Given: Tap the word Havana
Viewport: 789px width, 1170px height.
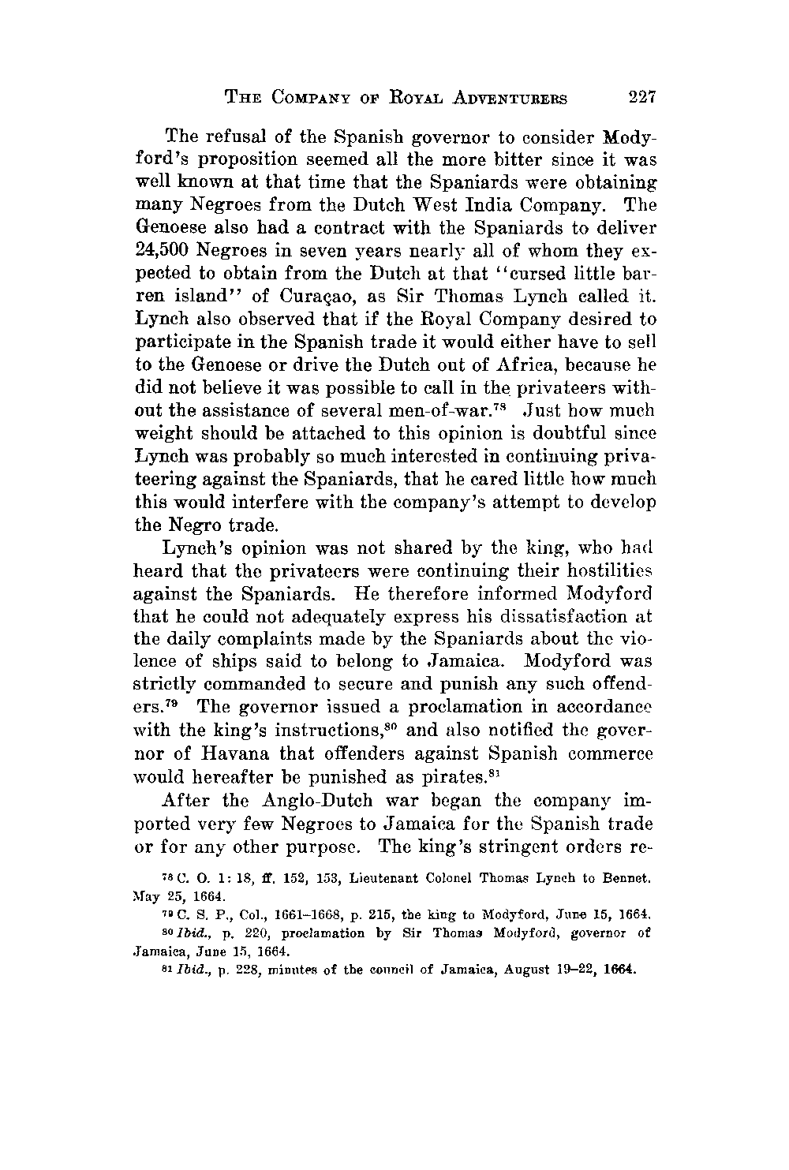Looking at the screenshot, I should pyautogui.click(x=252, y=755).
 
